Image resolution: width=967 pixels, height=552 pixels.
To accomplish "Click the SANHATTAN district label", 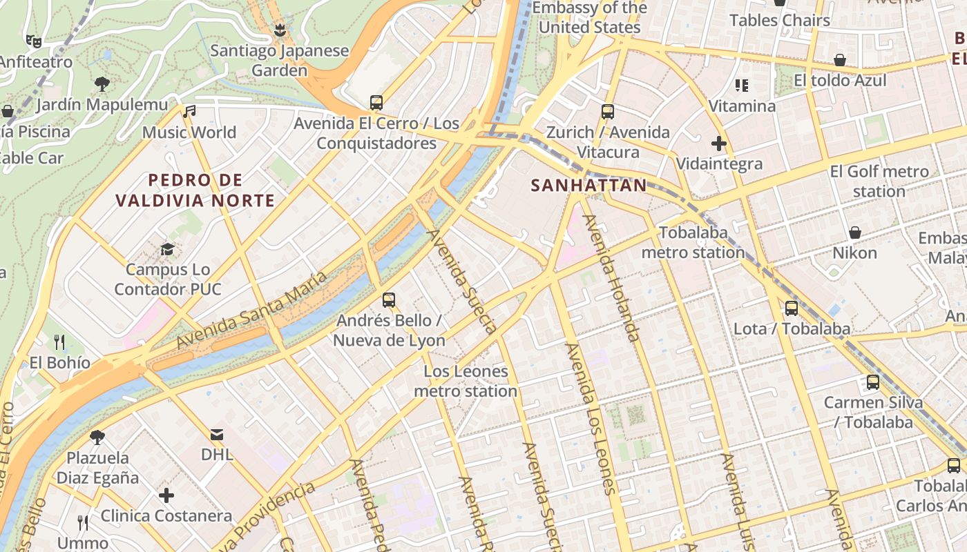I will [588, 185].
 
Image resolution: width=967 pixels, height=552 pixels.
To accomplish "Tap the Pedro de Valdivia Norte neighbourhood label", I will [195, 190].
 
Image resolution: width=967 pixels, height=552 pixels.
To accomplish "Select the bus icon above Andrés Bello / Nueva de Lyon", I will [389, 299].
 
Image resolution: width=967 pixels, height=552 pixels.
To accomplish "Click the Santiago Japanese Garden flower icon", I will [280, 30].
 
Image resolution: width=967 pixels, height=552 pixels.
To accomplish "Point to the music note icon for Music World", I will [189, 111].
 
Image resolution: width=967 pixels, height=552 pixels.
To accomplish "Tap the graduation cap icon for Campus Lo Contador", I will [167, 248].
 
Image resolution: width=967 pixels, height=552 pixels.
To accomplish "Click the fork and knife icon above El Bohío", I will [59, 342].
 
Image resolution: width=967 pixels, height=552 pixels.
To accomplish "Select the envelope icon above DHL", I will [217, 434].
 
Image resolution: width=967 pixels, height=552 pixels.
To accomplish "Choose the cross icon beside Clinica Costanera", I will [166, 495].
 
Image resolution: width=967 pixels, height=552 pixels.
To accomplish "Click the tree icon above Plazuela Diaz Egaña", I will [97, 437].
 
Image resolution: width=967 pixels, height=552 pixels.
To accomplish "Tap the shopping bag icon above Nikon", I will [854, 232].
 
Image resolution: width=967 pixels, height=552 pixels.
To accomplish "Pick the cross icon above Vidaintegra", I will [719, 144].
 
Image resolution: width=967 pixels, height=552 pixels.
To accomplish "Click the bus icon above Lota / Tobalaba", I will [792, 308].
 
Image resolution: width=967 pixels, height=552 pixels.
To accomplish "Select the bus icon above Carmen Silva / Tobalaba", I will [872, 382].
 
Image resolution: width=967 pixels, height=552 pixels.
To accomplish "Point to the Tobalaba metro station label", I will [693, 242].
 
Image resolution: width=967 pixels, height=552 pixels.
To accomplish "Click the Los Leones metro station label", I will [466, 381].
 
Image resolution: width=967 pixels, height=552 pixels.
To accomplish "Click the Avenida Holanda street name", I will [611, 277].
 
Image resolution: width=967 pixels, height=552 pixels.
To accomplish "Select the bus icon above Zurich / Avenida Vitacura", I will [608, 111].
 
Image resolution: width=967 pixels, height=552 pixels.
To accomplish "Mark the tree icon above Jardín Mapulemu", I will [102, 84].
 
